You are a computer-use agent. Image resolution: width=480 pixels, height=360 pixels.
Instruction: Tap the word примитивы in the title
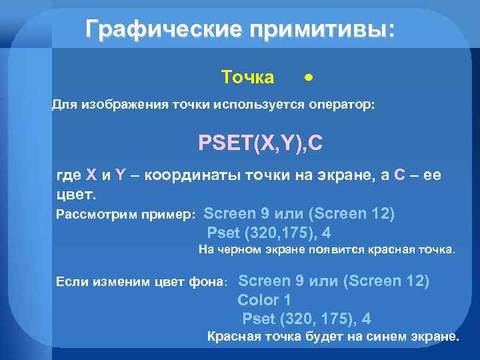coord(313,29)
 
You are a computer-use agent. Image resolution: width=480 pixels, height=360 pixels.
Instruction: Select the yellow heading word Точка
coord(247,78)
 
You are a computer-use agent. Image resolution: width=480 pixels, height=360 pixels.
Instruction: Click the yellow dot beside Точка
coord(307,77)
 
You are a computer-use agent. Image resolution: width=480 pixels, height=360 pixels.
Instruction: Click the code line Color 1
coord(263,299)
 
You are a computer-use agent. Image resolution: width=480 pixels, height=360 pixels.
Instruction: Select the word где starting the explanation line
coord(69,175)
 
